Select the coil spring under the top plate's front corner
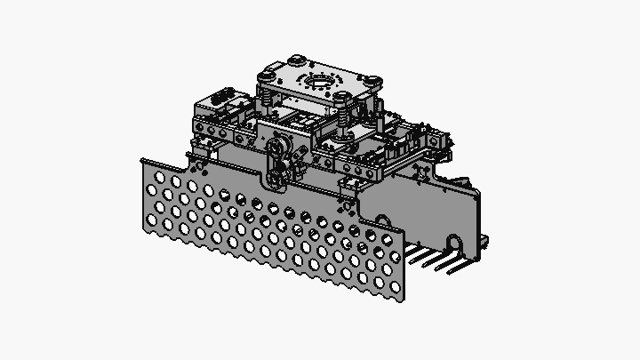coord(340,116)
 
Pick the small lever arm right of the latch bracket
coord(292,164)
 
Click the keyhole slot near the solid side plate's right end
coord(454,243)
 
